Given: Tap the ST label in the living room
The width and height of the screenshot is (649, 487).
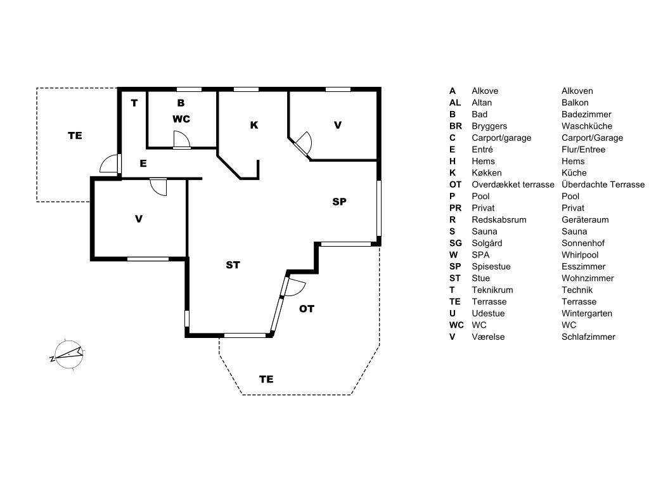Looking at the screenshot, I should pyautogui.click(x=233, y=265).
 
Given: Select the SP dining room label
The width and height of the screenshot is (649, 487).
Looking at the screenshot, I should pyautogui.click(x=340, y=202).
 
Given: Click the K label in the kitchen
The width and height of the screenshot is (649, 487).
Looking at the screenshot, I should pyautogui.click(x=254, y=125).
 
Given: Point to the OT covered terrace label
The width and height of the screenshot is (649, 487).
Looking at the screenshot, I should pyautogui.click(x=307, y=309).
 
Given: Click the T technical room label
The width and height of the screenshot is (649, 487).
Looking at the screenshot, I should pyautogui.click(x=134, y=103).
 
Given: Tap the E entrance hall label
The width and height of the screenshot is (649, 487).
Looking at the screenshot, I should pyautogui.click(x=143, y=163).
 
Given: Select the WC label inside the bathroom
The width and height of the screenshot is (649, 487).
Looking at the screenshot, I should pyautogui.click(x=181, y=119).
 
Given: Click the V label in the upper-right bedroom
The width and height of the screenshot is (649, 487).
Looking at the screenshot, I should pyautogui.click(x=338, y=125).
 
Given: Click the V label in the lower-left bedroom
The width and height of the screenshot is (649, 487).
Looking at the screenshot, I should pyautogui.click(x=139, y=219).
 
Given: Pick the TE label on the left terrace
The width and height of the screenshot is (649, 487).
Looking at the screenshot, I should pyautogui.click(x=75, y=135).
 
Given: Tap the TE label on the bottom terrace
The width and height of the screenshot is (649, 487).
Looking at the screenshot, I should pyautogui.click(x=266, y=379).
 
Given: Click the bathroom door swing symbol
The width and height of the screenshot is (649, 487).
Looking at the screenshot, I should pyautogui.click(x=181, y=140).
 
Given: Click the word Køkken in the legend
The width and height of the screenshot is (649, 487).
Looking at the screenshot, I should pyautogui.click(x=487, y=172).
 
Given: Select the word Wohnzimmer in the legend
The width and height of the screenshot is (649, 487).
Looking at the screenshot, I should pyautogui.click(x=588, y=278).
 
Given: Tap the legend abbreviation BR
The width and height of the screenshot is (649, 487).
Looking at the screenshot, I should pyautogui.click(x=456, y=126).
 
